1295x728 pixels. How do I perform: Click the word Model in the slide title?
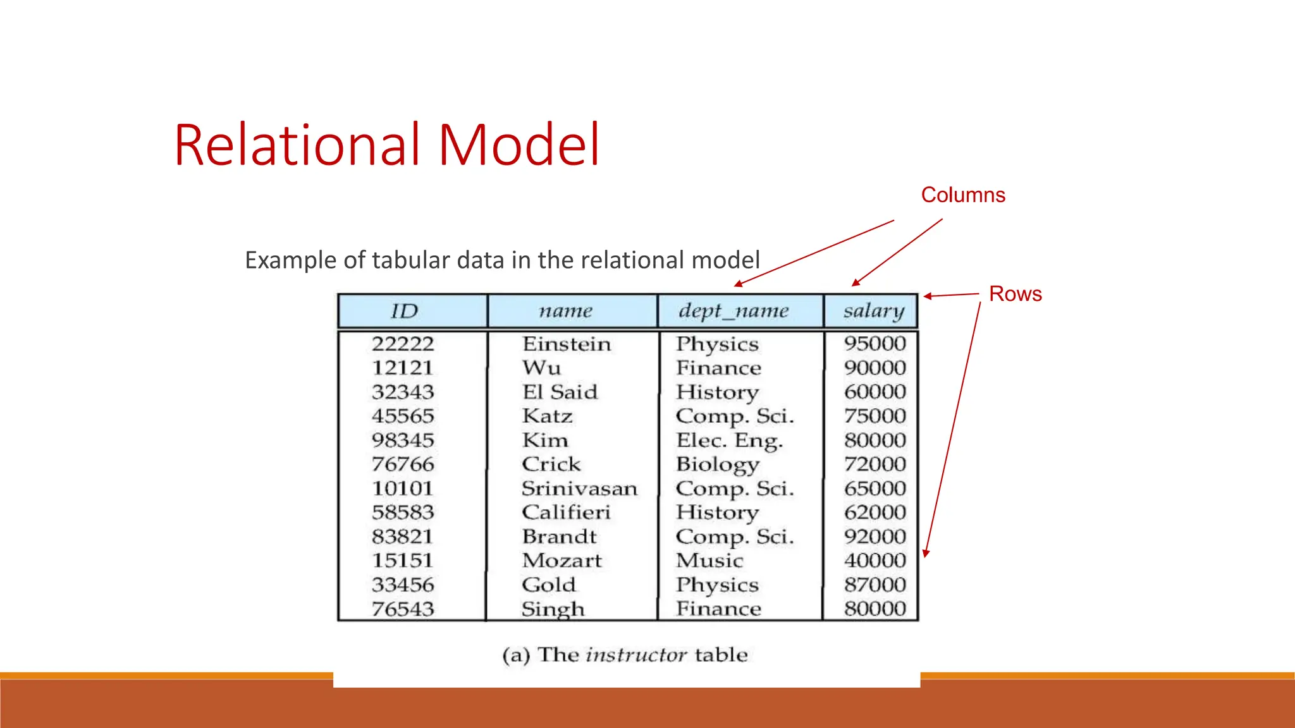click(519, 145)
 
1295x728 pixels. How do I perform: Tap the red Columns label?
click(962, 195)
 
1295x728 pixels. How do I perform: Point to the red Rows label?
click(1015, 294)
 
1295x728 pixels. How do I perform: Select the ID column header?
click(405, 311)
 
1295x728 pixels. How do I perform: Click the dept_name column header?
click(733, 311)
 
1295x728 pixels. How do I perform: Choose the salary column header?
click(874, 311)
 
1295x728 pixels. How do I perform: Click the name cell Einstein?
click(567, 344)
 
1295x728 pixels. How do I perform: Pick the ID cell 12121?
click(402, 368)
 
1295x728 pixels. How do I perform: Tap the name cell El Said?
click(560, 392)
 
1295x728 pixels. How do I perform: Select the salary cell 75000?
click(875, 416)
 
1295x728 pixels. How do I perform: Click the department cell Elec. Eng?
click(729, 440)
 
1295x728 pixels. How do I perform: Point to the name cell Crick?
click(551, 464)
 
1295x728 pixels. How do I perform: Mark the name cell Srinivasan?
click(579, 488)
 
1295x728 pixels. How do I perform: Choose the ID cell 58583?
click(403, 513)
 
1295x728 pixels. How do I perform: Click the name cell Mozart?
click(562, 561)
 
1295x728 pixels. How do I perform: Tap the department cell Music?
click(709, 561)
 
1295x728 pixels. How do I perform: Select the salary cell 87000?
click(875, 585)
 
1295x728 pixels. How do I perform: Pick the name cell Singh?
click(553, 609)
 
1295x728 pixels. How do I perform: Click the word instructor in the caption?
click(636, 655)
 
